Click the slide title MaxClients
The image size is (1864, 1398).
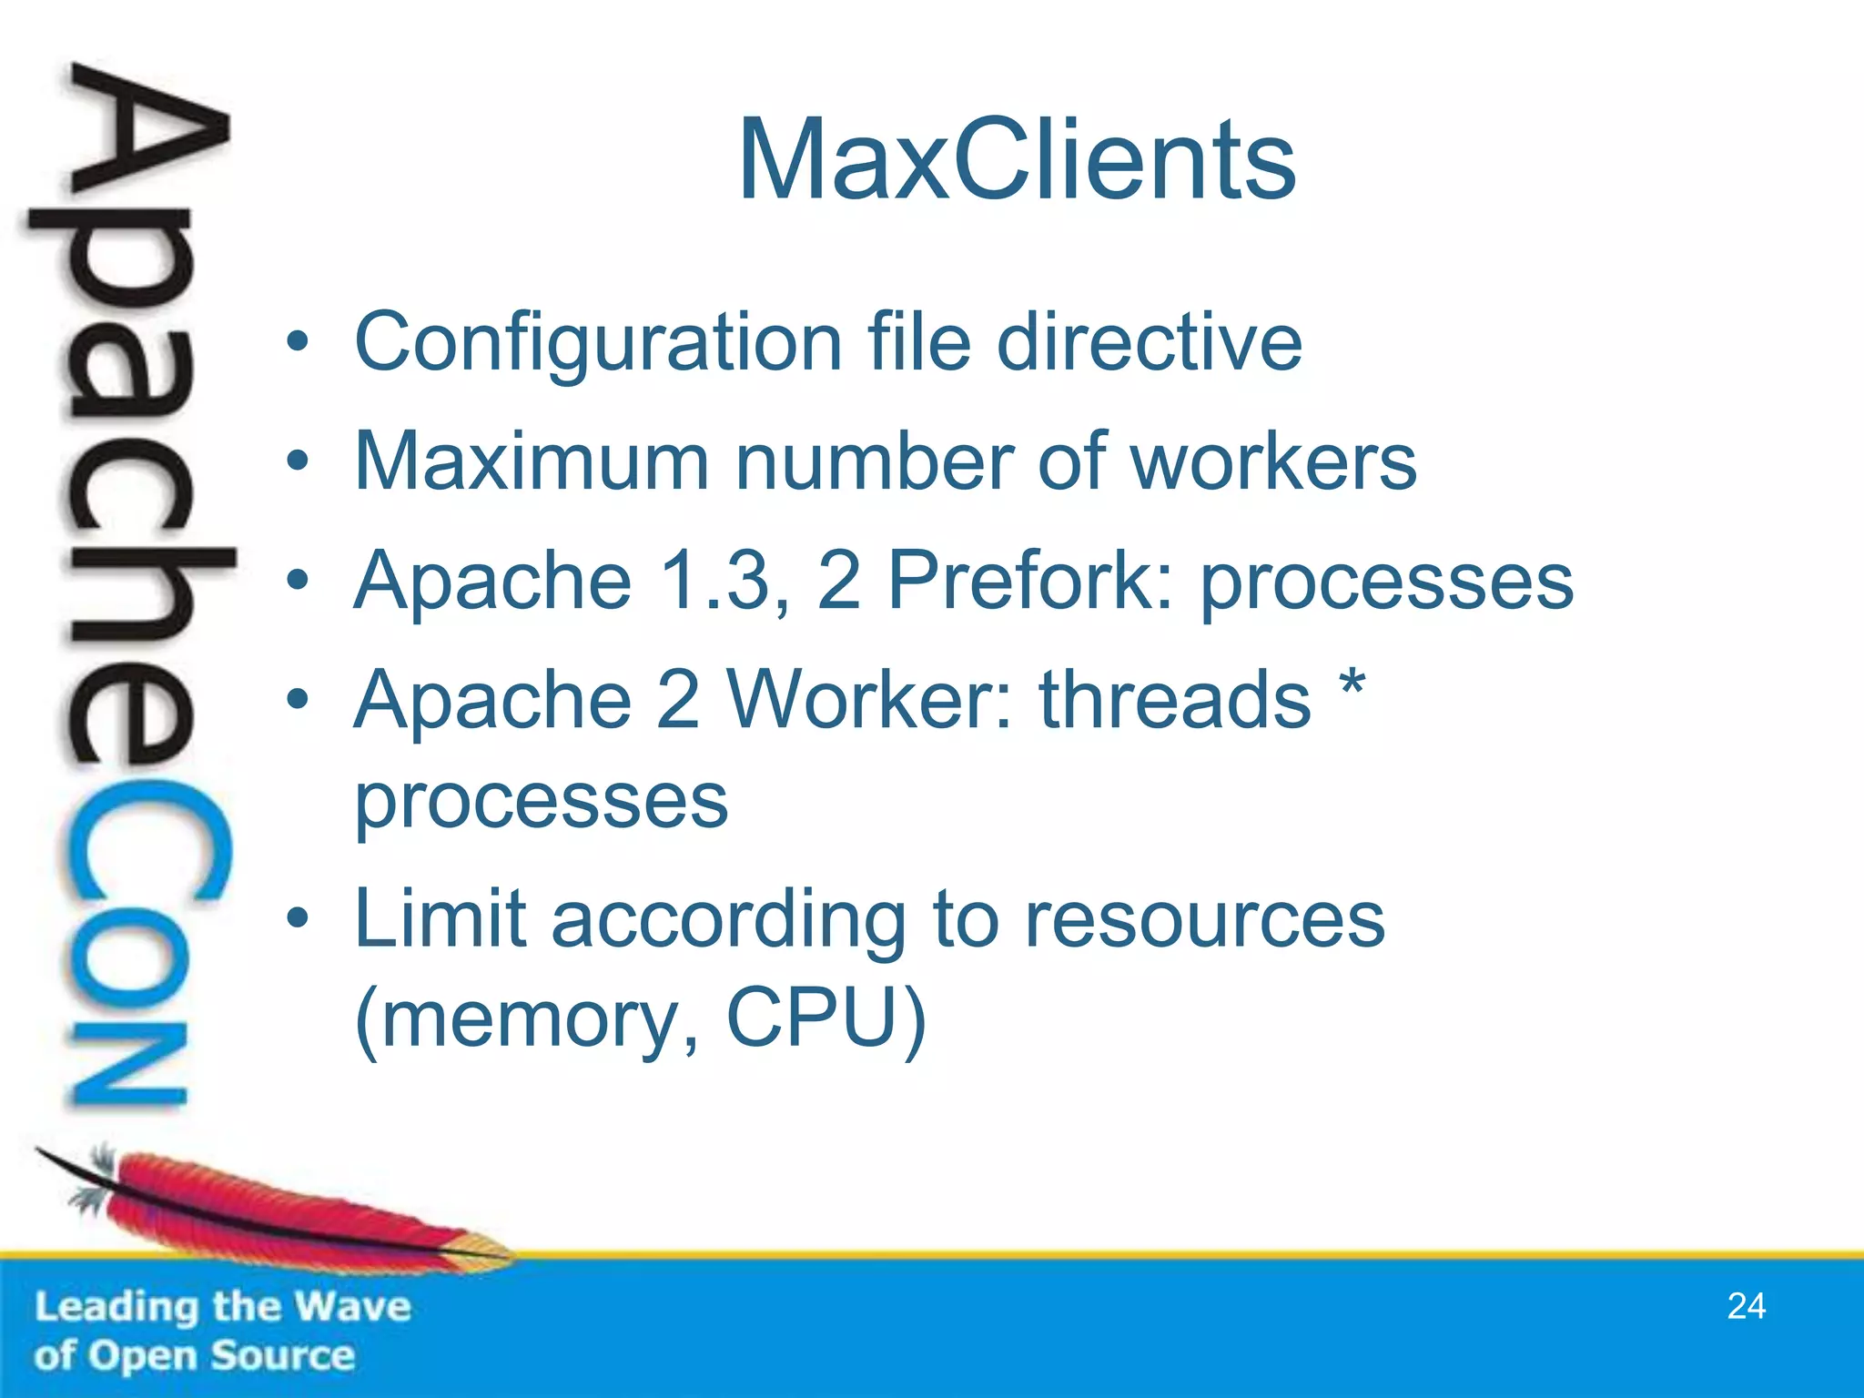pyautogui.click(x=1017, y=161)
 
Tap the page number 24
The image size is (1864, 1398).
pyautogui.click(x=1747, y=1306)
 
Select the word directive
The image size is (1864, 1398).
pyautogui.click(x=1150, y=342)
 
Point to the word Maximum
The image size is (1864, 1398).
pyautogui.click(x=532, y=461)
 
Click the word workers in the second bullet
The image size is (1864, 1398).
pyautogui.click(x=1273, y=461)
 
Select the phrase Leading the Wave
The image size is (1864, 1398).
pyautogui.click(x=223, y=1307)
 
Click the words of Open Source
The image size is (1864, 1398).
pyautogui.click(x=194, y=1355)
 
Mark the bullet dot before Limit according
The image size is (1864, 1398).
pyautogui.click(x=298, y=919)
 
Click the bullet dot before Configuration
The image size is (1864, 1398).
pyautogui.click(x=298, y=342)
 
